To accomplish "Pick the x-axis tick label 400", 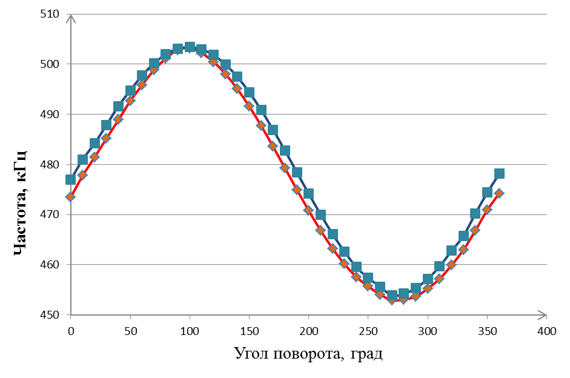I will (x=546, y=331).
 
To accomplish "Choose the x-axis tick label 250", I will (x=368, y=331).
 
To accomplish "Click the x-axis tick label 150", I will (x=249, y=331).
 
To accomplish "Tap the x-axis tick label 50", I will (x=130, y=331).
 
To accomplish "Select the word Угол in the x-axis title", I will (x=252, y=354).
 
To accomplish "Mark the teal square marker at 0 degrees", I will (x=71, y=179).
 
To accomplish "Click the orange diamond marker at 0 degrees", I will (x=71, y=197).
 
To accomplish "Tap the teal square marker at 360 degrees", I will (x=499, y=174).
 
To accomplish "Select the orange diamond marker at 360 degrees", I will (x=499, y=193).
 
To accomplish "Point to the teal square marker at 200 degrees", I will (x=308, y=194).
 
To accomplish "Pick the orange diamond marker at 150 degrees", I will (x=249, y=106).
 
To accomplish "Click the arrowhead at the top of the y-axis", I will (x=71, y=18).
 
